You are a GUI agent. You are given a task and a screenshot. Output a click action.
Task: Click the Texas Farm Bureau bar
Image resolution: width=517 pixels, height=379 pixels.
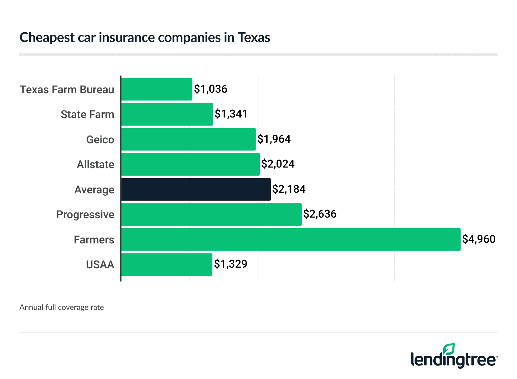tap(157, 89)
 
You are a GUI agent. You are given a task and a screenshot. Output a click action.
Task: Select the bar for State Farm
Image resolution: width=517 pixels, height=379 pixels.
tap(167, 114)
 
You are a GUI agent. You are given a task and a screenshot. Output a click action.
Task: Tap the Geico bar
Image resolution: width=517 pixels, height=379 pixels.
tap(188, 139)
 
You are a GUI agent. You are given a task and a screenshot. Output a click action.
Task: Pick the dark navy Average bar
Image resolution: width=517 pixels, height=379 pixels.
tap(196, 189)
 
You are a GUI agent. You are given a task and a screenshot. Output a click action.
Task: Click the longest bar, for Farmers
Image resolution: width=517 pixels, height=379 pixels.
tap(291, 240)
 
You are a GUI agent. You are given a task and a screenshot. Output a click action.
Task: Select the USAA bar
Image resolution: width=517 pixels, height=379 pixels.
tap(167, 264)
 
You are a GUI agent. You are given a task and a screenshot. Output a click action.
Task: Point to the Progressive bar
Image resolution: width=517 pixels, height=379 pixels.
tap(211, 214)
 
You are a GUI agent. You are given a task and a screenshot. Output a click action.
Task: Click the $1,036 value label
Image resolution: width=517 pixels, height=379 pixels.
tap(211, 89)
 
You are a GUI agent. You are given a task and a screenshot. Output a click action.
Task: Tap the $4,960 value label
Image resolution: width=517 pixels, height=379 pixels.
tap(479, 239)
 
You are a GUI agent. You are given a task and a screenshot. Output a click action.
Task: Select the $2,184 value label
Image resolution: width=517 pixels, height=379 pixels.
tap(289, 189)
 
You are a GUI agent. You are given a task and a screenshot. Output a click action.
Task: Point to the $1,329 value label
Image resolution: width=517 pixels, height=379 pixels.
tap(231, 264)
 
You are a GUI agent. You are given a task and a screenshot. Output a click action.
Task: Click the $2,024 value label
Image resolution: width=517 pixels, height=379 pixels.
tap(278, 164)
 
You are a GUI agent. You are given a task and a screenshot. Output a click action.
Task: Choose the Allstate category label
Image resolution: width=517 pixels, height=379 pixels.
tap(95, 164)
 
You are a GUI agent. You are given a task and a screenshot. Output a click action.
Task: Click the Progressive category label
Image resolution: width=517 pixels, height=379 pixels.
tap(85, 214)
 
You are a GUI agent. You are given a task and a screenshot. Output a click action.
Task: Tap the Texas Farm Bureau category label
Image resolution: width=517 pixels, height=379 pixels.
tap(67, 89)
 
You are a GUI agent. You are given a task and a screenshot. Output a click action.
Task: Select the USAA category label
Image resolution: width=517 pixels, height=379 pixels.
tap(100, 264)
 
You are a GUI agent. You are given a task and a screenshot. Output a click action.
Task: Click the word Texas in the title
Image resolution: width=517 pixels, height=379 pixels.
tap(254, 37)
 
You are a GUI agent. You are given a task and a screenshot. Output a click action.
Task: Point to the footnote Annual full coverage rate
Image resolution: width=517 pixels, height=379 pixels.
tap(62, 307)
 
